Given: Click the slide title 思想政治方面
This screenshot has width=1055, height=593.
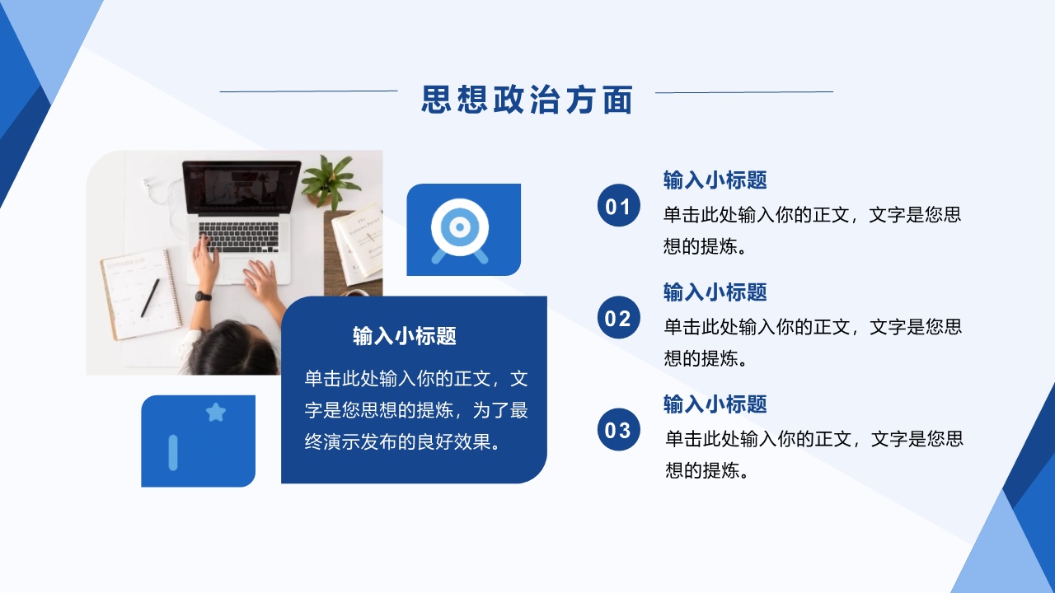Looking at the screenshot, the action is pyautogui.click(x=527, y=100).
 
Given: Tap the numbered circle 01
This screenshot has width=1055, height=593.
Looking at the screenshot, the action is pyautogui.click(x=618, y=205).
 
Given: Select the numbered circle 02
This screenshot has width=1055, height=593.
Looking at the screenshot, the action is pyautogui.click(x=618, y=317).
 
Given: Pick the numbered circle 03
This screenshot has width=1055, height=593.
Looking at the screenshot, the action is pyautogui.click(x=618, y=429).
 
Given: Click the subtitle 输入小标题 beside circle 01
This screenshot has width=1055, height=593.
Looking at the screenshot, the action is pyautogui.click(x=715, y=180).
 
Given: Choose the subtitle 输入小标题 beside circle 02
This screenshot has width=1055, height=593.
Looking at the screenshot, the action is pyautogui.click(x=715, y=292).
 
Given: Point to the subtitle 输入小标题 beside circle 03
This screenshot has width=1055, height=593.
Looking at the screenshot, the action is pyautogui.click(x=715, y=404).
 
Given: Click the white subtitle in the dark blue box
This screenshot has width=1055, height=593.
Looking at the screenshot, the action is pyautogui.click(x=405, y=336).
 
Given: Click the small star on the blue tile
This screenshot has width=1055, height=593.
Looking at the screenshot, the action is pyautogui.click(x=216, y=413).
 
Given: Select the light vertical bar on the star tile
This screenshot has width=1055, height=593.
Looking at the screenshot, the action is pyautogui.click(x=173, y=453).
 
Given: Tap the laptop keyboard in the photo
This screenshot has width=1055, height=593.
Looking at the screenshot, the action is pyautogui.click(x=238, y=236).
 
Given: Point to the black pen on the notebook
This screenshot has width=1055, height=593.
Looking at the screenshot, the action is pyautogui.click(x=150, y=297).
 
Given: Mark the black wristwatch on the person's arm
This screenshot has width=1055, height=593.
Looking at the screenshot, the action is pyautogui.click(x=203, y=296).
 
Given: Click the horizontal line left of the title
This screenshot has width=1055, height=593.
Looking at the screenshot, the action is pyautogui.click(x=308, y=91).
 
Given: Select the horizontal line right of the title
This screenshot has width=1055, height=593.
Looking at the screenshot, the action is pyautogui.click(x=744, y=92).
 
